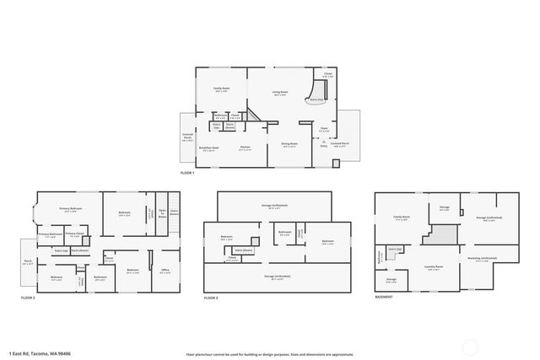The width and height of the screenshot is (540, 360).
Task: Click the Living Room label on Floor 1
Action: pos(280,92)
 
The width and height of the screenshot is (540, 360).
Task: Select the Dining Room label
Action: pos(289,144)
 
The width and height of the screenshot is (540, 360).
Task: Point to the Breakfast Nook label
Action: pos(208,148)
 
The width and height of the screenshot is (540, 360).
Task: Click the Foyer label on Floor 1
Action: pos(323,128)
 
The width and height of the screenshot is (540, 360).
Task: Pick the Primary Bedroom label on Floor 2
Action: pos(70,208)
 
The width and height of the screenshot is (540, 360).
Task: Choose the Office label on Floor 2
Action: pos(165,271)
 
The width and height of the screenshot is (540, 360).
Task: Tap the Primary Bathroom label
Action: pos(50,234)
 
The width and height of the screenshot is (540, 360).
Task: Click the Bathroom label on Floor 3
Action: pos(284,233)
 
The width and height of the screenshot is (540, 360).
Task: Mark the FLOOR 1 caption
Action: pos(187,173)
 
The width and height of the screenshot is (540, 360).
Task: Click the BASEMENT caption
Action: pos(384,298)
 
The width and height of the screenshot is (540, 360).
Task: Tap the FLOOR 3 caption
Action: pos(211,298)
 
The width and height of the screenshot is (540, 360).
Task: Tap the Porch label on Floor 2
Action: pos(28,261)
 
